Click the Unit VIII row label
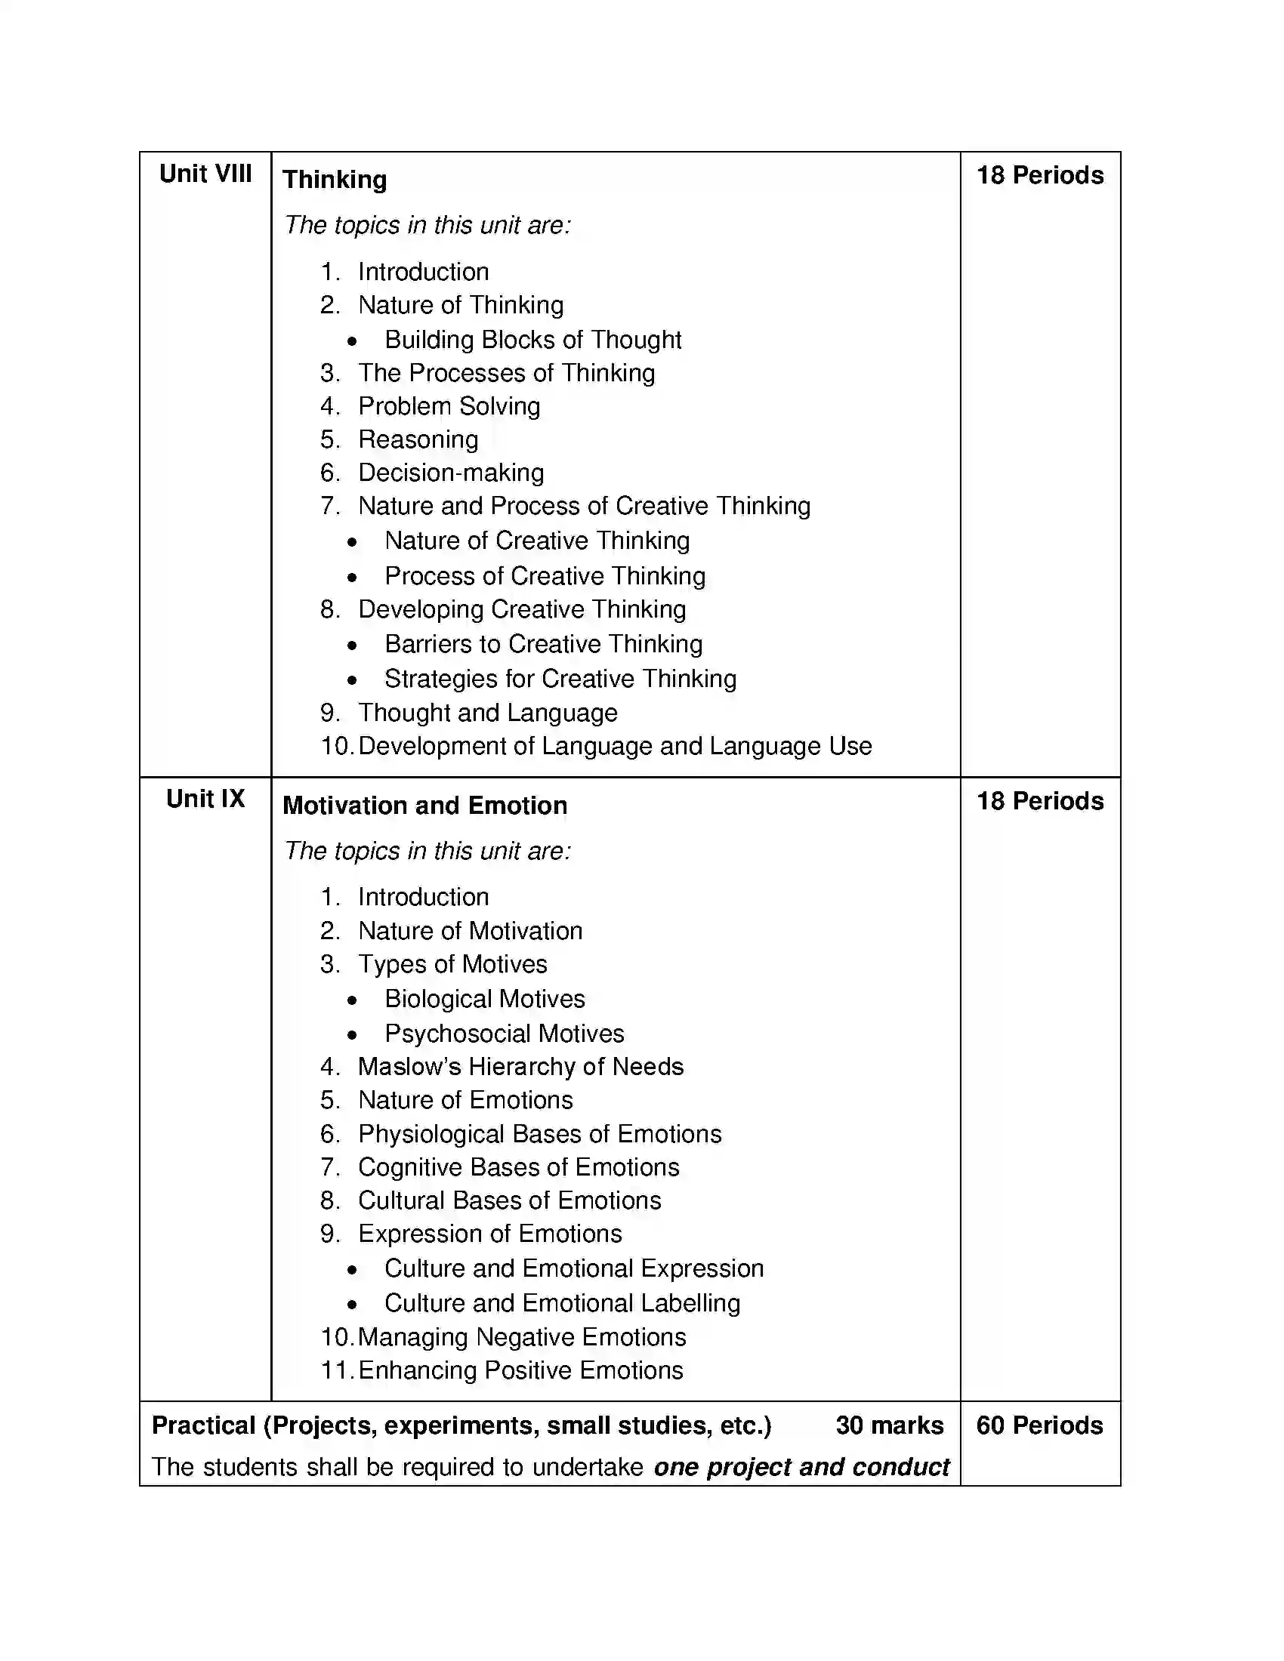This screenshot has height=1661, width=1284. pos(205,174)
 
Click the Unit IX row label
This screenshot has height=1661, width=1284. pos(205,800)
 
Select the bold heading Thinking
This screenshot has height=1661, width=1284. pos(335,180)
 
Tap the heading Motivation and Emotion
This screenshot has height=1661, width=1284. pos(424,806)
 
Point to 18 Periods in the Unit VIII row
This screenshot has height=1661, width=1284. pos(1040,176)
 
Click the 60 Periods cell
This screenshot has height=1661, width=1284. pos(1039,1425)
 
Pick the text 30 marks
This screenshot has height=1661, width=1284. pos(889,1425)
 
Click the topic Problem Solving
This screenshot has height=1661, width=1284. pos(449,406)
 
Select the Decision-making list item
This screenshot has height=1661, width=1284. pos(451,473)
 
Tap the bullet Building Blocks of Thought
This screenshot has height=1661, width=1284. pos(532,340)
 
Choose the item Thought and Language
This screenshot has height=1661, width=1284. pos(488,713)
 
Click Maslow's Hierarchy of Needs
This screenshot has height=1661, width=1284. pos(520,1067)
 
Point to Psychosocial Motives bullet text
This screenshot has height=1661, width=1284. pos(504,1034)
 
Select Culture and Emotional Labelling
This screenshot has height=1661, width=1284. pos(561,1303)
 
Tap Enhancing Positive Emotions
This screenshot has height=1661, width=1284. pos(520,1370)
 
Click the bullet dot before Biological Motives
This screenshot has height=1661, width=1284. pos(352,1000)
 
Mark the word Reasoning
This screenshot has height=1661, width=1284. pos(418,439)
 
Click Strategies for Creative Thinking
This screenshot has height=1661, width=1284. pos(560,679)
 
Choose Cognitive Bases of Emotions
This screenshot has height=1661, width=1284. pos(519,1167)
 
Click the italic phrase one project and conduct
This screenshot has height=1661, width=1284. pos(801,1467)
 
